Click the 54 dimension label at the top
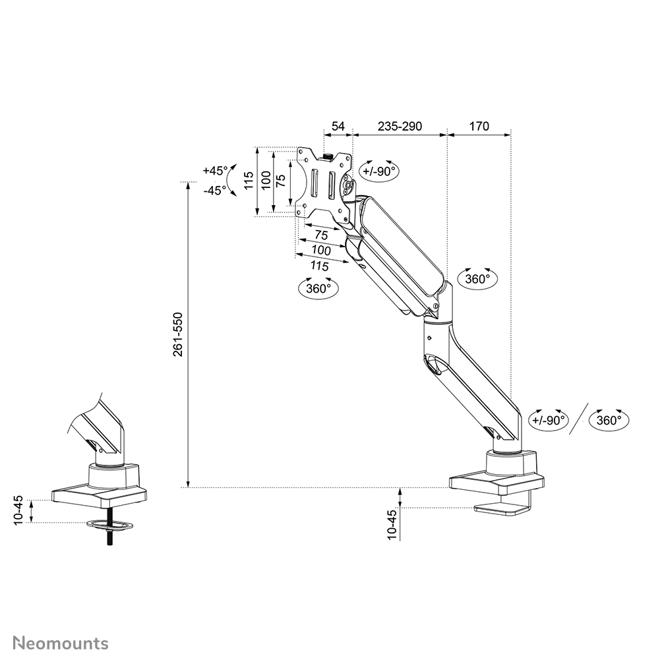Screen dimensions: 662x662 338,126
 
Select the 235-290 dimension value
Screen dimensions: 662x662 399,126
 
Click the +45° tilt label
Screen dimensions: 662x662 215,170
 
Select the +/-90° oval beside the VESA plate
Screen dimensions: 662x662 378,171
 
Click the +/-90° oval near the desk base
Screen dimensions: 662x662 549,420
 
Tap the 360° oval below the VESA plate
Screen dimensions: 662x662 318,288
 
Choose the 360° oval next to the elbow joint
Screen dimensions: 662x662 477,279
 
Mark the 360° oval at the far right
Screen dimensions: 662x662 609,420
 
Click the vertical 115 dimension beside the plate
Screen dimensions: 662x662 249,181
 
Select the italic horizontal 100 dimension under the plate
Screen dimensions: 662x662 321,251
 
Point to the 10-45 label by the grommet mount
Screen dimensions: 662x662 18,509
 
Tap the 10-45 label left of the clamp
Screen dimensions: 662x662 393,525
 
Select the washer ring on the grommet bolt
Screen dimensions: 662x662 109,525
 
